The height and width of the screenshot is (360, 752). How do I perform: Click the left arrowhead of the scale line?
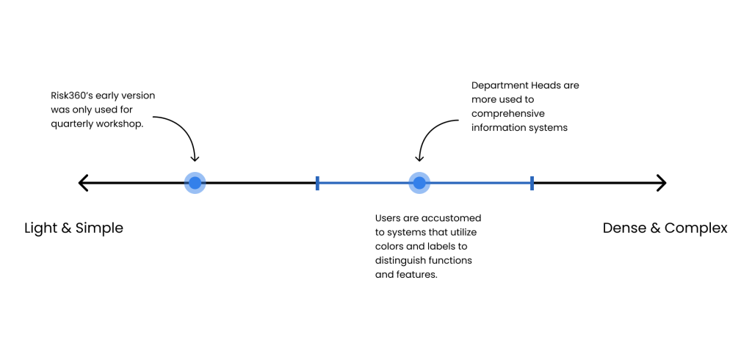(84, 183)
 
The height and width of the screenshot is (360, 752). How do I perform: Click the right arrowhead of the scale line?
(662, 183)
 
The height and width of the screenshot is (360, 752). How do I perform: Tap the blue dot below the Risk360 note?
(195, 183)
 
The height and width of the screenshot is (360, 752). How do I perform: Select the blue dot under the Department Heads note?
(419, 183)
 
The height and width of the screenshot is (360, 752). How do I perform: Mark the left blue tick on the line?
(317, 183)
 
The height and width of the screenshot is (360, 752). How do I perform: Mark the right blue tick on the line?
(532, 183)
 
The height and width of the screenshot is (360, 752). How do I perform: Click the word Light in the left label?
(41, 228)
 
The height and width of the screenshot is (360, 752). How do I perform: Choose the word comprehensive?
(508, 114)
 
